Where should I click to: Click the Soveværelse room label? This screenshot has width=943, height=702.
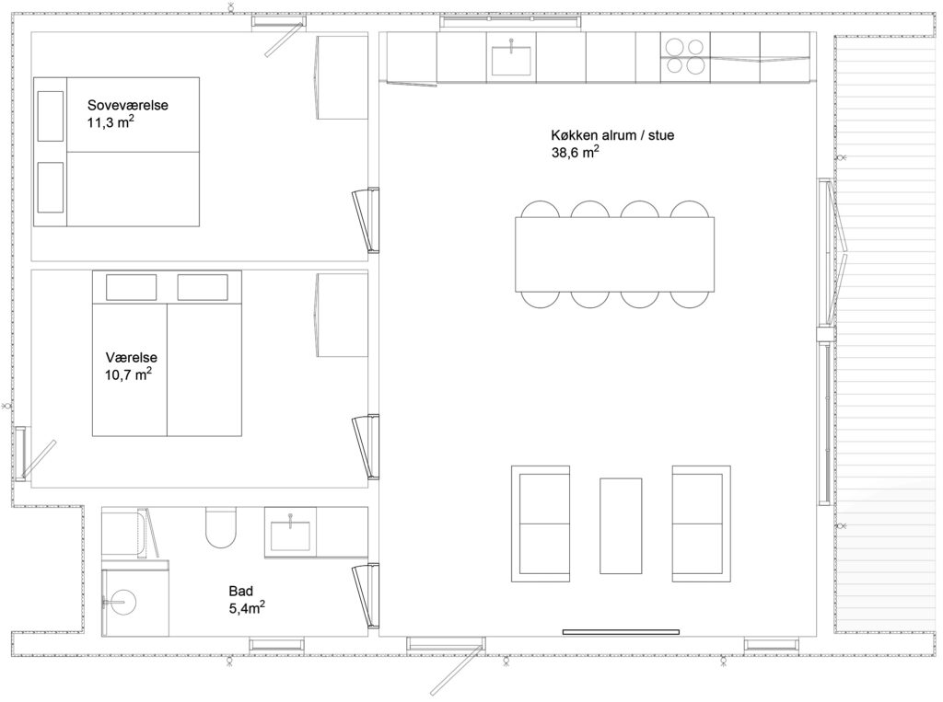(x=127, y=105)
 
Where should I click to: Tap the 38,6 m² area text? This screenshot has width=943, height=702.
(x=575, y=152)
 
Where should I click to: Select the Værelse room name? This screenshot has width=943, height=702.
(x=131, y=357)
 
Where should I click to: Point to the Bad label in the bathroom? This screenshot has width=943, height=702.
(x=240, y=591)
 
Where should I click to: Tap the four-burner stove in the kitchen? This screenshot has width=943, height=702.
(x=685, y=56)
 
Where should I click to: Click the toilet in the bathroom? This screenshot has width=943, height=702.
(x=221, y=527)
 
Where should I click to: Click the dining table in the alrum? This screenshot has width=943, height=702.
(x=614, y=254)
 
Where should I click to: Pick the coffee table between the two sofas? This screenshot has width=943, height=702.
(x=621, y=525)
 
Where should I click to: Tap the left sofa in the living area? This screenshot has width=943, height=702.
(x=541, y=524)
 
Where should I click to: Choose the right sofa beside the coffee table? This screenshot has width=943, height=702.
(x=701, y=524)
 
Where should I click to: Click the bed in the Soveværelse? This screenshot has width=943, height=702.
(x=116, y=152)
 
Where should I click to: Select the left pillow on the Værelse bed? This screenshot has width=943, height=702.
(x=131, y=287)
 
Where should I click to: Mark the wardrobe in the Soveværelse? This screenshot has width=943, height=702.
(x=343, y=77)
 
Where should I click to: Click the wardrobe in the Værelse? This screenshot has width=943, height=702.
(x=343, y=315)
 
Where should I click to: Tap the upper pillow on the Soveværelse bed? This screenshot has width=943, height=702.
(x=51, y=116)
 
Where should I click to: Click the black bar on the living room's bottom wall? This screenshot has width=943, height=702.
(x=621, y=632)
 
